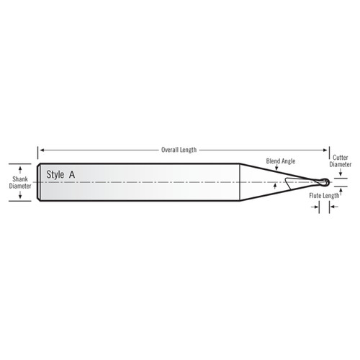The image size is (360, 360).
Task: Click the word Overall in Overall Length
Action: click(x=171, y=150)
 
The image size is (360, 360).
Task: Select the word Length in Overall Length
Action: click(x=189, y=150)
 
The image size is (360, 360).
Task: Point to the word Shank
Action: click(x=19, y=176)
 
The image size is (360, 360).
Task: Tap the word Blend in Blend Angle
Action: click(x=274, y=163)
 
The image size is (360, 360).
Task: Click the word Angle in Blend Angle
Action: click(x=290, y=163)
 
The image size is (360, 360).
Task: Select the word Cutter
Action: click(x=341, y=156)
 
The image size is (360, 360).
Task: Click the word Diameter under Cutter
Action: click(x=341, y=163)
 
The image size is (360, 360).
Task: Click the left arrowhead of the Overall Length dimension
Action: click(x=40, y=150)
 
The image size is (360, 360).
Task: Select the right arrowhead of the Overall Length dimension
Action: click(x=325, y=150)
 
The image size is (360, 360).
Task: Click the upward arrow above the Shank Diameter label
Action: click(x=19, y=166)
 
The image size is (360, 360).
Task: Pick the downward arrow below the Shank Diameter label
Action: click(x=19, y=197)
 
